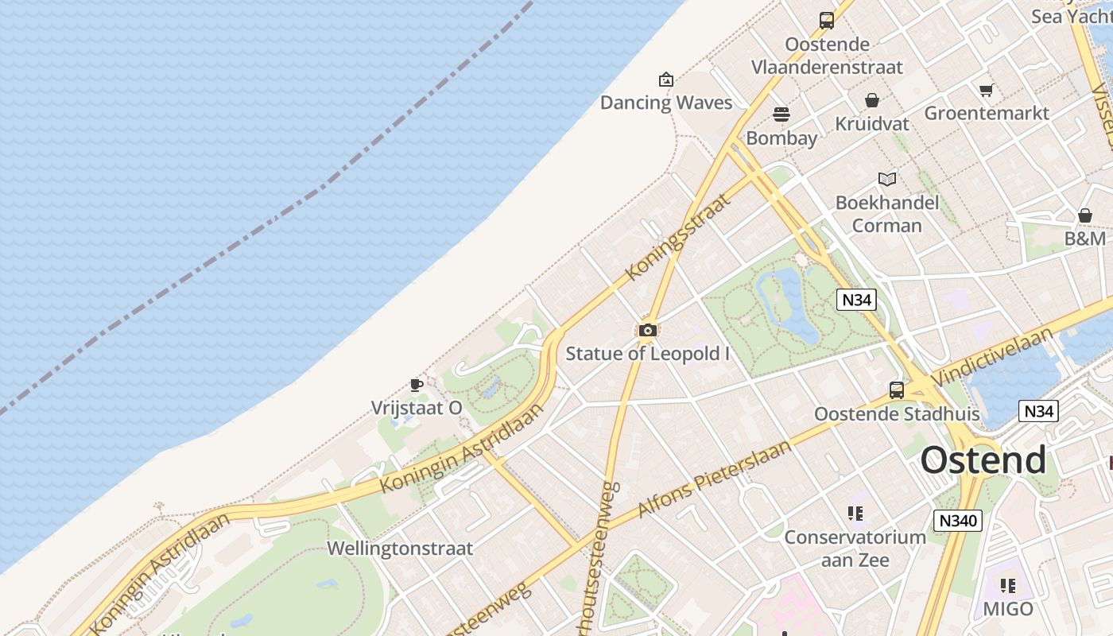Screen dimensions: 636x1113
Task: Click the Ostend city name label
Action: pos(983,460)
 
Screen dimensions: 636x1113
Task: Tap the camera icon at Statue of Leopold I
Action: pos(647,330)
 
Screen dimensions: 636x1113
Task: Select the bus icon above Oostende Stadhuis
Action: pos(897,390)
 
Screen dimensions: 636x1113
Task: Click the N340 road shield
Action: pos(958,521)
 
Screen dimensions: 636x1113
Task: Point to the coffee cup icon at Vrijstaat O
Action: pos(416,386)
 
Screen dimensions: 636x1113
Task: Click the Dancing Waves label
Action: pos(665,103)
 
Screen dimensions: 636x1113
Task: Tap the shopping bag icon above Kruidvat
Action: pos(872,100)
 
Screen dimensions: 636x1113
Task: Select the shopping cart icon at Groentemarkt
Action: pos(986,90)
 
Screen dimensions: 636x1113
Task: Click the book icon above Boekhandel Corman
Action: pos(887,179)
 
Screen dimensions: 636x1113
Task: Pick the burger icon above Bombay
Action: pos(781,114)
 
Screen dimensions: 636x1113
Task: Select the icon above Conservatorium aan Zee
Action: pos(855,514)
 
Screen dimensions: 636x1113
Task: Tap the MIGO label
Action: pos(1007,609)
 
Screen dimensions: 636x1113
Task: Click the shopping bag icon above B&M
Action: pos(1085,215)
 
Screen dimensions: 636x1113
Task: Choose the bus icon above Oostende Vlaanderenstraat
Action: pos(827,20)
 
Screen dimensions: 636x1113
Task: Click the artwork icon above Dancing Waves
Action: pos(666,79)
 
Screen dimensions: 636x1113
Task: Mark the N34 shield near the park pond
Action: pos(856,300)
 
